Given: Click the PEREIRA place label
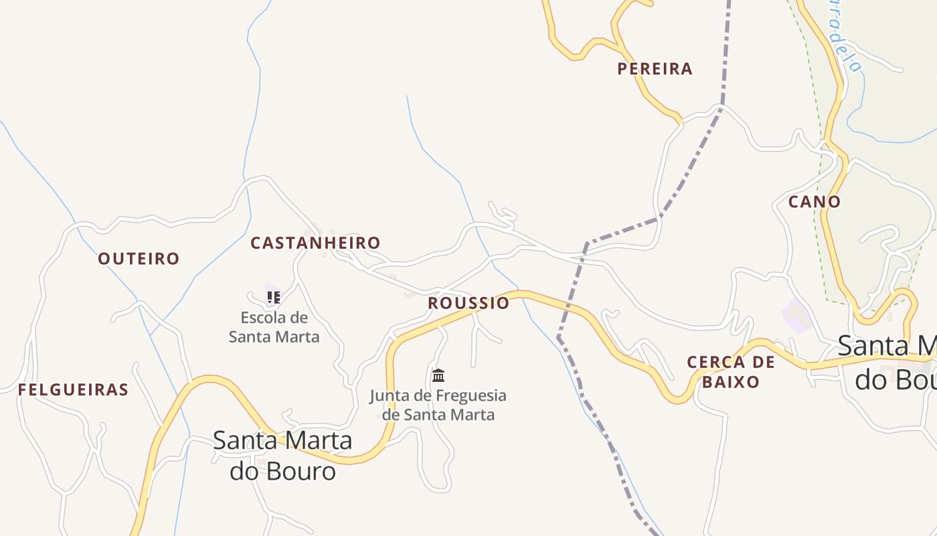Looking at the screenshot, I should point(655,68).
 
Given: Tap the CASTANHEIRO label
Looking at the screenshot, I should point(315,243).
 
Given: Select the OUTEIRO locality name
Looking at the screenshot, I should point(139,259).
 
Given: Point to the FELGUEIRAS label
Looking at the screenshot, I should point(73,390).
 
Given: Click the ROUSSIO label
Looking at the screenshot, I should point(468,303).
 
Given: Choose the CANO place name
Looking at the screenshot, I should point(814,202).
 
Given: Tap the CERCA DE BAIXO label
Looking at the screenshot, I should point(731,373).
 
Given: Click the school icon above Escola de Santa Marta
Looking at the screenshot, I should point(273,297).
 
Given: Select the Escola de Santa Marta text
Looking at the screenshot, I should point(274,327).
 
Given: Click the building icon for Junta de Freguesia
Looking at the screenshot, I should point(438,375).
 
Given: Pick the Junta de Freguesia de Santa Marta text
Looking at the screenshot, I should point(438,405).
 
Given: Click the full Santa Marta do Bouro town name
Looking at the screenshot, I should point(282,456).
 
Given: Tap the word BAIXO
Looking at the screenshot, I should point(731,382).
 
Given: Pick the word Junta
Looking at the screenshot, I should point(389,396).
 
